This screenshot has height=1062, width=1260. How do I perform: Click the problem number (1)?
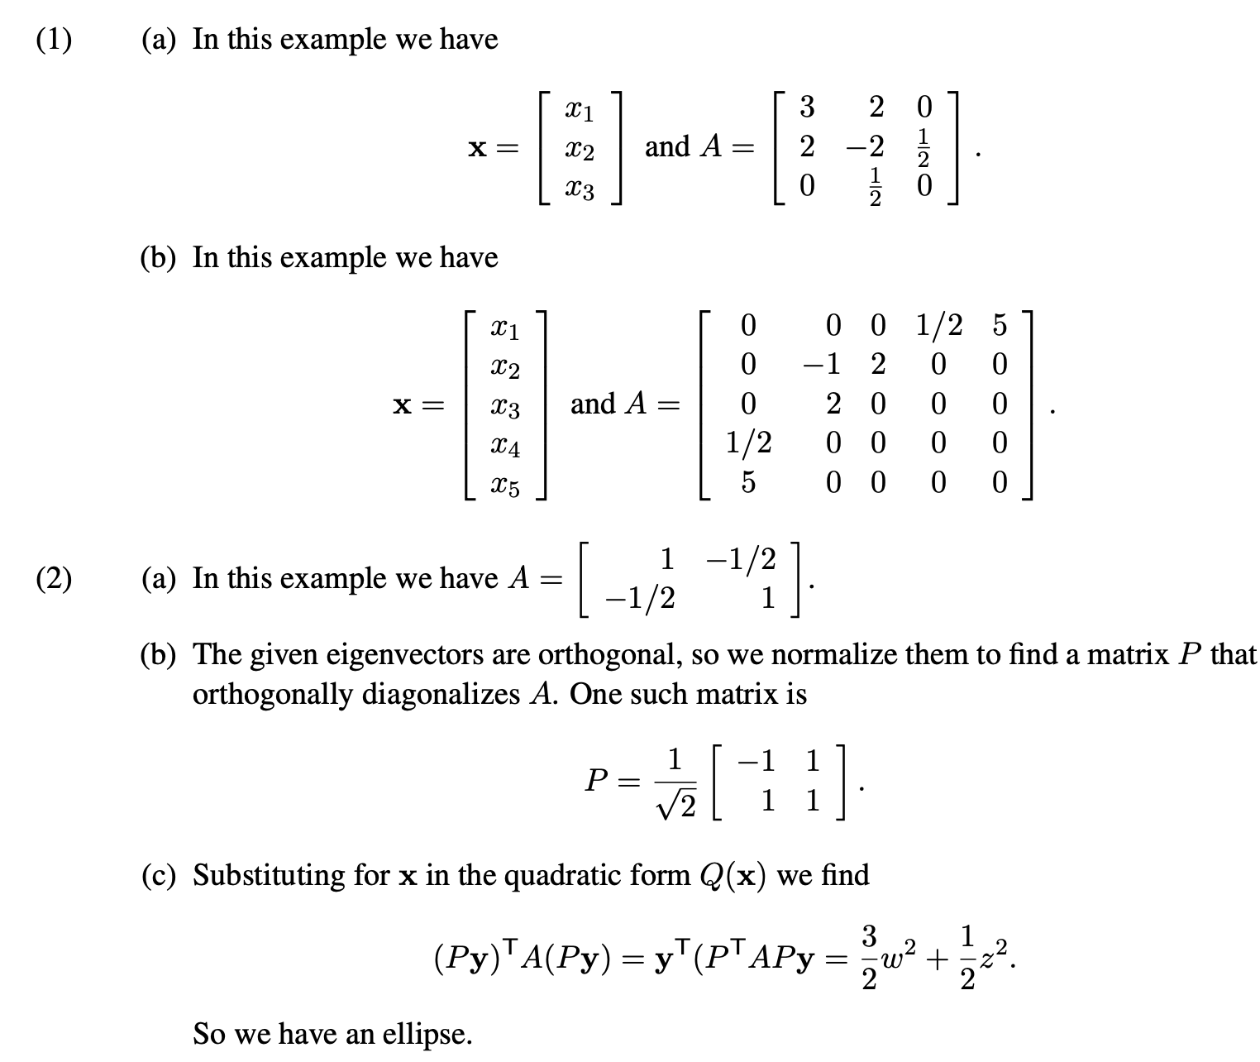pos(53,39)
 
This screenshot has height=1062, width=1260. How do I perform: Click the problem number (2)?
pos(53,578)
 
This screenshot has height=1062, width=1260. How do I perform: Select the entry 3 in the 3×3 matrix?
pos(807,107)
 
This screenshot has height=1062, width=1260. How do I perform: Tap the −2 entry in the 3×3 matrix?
pos(865,147)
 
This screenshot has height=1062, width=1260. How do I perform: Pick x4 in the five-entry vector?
pos(505,447)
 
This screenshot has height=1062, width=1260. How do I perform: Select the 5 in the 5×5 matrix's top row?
pos(1000,326)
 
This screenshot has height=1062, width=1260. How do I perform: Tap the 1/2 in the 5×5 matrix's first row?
pos(939,326)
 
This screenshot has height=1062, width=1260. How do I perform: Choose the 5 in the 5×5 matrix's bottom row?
pos(747,482)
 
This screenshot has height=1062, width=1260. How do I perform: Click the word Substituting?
pos(270,874)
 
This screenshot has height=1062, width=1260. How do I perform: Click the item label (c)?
pos(157,874)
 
